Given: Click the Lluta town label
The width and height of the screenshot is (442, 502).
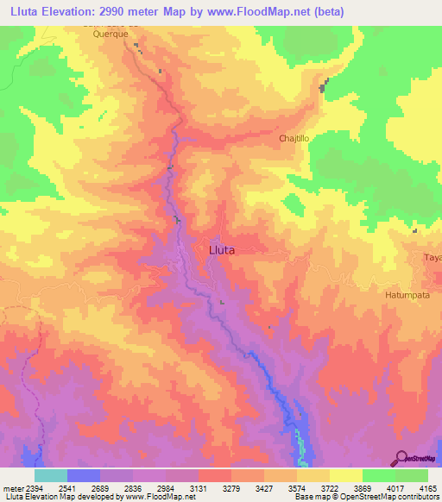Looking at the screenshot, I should pos(222,249).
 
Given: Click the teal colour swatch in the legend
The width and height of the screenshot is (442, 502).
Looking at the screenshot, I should pos(51,475).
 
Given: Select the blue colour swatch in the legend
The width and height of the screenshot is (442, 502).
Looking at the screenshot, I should pos(84,475).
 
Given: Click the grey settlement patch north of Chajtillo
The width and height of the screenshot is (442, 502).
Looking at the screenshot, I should pos(325,85).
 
